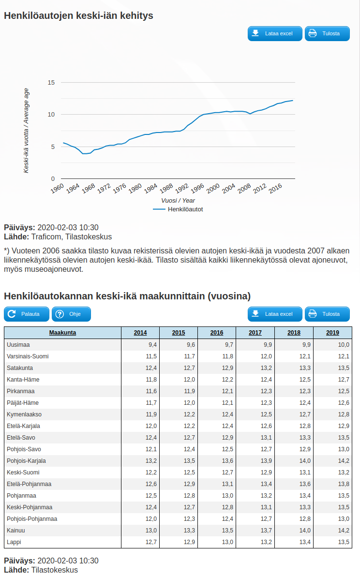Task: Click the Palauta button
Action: click(27, 314)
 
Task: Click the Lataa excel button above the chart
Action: click(275, 34)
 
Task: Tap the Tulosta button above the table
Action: click(327, 314)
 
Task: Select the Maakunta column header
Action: click(62, 333)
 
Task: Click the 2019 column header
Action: click(332, 333)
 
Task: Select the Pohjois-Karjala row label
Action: click(27, 461)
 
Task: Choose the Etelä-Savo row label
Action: click(21, 438)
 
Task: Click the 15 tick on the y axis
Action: click(51, 83)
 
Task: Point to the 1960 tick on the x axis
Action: click(58, 188)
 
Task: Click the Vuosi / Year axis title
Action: click(178, 200)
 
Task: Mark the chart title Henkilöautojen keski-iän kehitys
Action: click(78, 15)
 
